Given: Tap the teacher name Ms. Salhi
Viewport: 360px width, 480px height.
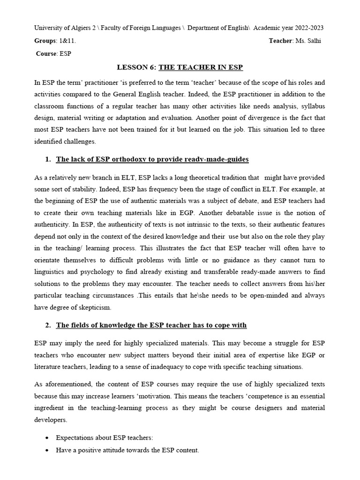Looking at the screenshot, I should (308, 41).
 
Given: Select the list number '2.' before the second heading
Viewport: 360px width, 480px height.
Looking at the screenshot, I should (48, 325).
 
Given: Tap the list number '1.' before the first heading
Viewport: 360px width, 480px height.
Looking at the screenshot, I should (48, 159).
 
